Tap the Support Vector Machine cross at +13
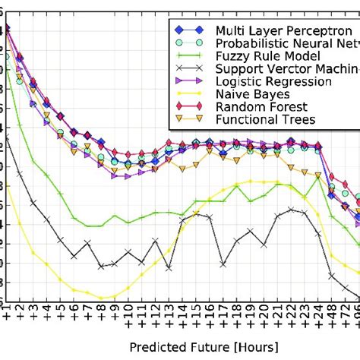point(169,268)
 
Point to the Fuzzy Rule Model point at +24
point(318,177)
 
